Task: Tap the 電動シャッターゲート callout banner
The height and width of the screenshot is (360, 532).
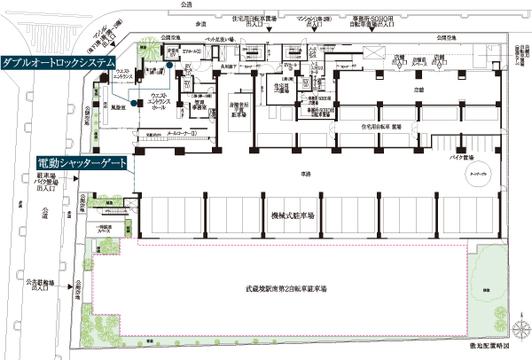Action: pos(81,163)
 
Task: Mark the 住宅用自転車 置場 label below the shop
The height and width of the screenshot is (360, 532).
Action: pos(382,127)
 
